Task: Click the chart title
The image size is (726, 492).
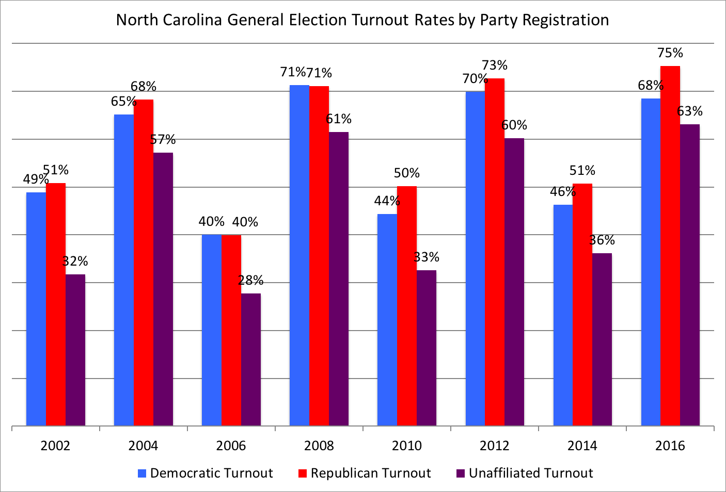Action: click(362, 20)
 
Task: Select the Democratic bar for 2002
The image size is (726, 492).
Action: click(36, 309)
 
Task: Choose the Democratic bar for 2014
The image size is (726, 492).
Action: click(563, 315)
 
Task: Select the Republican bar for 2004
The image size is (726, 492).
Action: click(144, 263)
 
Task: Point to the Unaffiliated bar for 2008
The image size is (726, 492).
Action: click(339, 279)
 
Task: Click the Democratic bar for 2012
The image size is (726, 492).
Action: click(475, 258)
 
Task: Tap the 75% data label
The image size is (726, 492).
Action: click(670, 53)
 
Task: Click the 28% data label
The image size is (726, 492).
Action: click(251, 281)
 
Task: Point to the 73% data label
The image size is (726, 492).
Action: click(495, 65)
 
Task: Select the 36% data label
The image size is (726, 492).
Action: click(602, 240)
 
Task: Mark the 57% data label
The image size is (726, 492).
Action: click(163, 140)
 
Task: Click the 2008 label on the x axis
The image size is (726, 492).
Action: click(319, 446)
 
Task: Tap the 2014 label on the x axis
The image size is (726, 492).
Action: click(582, 446)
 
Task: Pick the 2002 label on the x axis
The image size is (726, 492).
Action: click(56, 446)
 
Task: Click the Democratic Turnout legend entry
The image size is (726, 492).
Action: click(206, 473)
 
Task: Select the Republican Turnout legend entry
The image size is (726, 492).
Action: click(365, 473)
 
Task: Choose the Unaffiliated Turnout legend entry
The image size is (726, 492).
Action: click(525, 473)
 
